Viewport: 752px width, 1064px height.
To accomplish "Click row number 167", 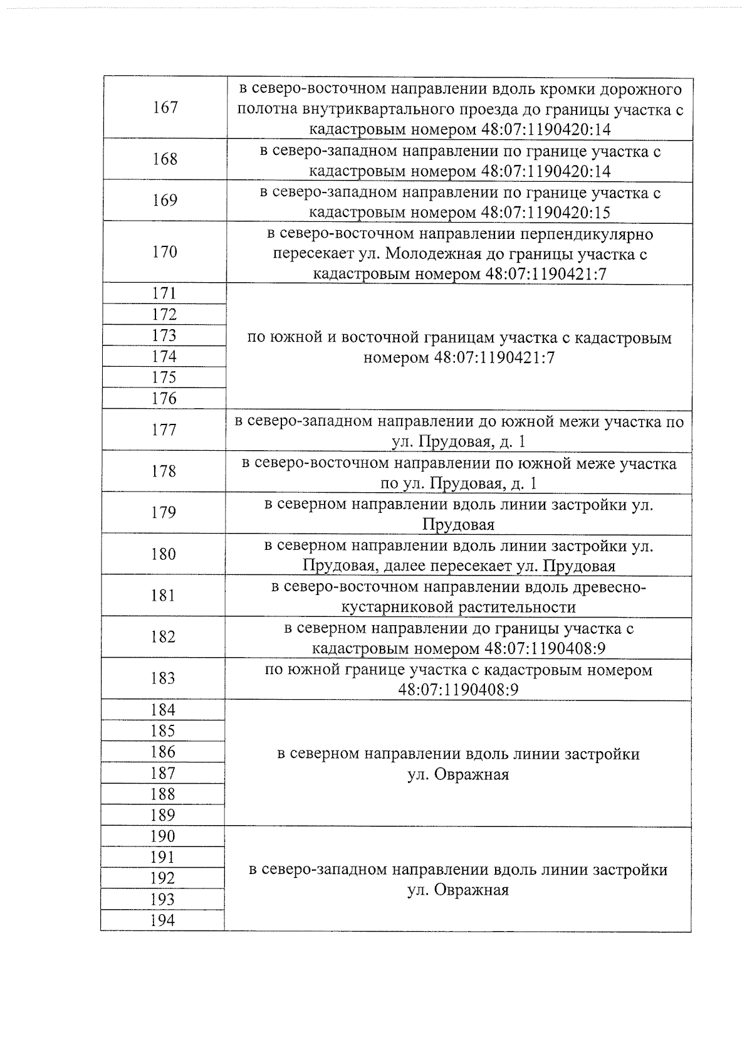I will click(x=165, y=107).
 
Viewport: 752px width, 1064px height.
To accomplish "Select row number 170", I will click(x=164, y=251).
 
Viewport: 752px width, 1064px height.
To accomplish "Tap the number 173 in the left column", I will click(x=164, y=335).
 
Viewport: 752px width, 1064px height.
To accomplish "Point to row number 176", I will click(x=164, y=398).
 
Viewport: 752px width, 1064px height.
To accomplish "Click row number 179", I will click(x=163, y=512).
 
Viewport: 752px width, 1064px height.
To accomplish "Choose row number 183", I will click(x=163, y=678).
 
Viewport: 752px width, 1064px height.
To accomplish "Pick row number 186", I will click(x=162, y=752).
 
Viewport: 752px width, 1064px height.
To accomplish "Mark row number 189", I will click(x=162, y=815).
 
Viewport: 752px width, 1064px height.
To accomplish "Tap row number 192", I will click(x=162, y=878).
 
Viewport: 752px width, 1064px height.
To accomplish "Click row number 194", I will click(x=162, y=920).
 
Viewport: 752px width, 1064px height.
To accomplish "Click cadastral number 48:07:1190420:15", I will click(x=545, y=212).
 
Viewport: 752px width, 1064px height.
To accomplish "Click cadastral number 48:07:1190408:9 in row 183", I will click(x=458, y=690).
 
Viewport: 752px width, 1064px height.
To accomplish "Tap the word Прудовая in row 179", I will click(x=458, y=524).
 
